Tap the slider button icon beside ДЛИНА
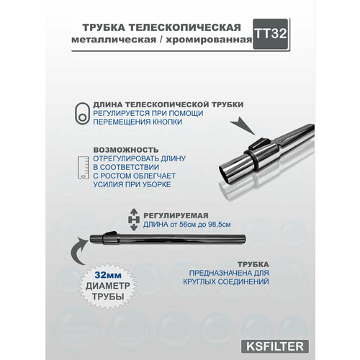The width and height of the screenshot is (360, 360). point(83,113)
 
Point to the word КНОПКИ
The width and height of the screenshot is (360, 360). point(166,122)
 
